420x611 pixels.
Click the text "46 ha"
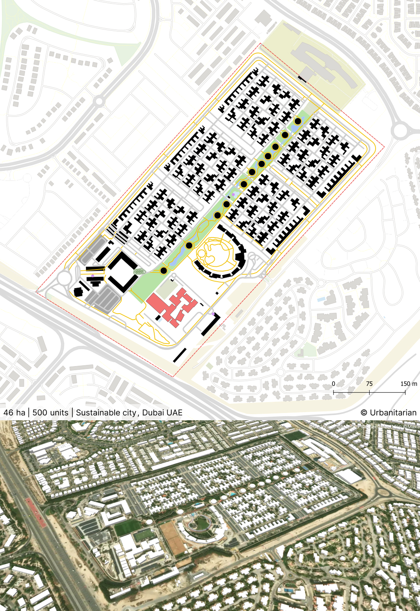pyautogui.click(x=14, y=413)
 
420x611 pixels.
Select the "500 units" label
pyautogui.click(x=50, y=413)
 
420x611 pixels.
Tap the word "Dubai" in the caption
pyautogui.click(x=153, y=413)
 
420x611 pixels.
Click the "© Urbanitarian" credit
pyautogui.click(x=388, y=413)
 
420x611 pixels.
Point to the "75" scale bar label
pyautogui.click(x=369, y=384)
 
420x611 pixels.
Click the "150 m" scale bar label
pyautogui.click(x=408, y=384)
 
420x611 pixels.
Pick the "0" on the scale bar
pyautogui.click(x=333, y=384)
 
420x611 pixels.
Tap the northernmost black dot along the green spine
pyautogui.click(x=298, y=121)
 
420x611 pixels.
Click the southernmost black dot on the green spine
pyautogui.click(x=164, y=270)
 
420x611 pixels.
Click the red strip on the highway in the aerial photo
pyautogui.click(x=36, y=513)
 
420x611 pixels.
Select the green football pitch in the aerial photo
pyautogui.click(x=127, y=528)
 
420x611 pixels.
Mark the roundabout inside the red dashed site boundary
pyautogui.click(x=64, y=278)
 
